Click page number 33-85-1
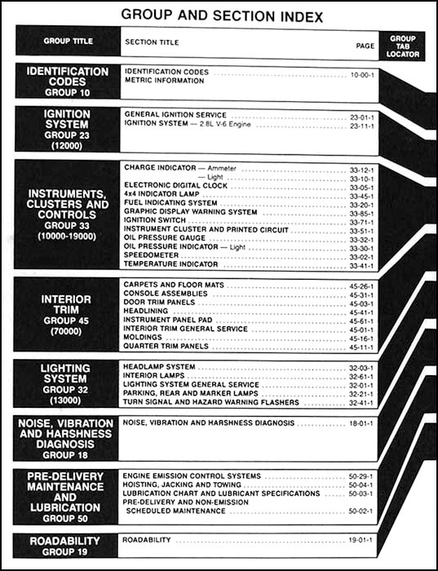click(360, 212)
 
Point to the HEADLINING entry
click(147, 311)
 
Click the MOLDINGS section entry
click(144, 337)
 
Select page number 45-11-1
click(360, 347)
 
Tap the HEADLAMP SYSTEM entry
click(159, 367)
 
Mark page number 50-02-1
click(360, 511)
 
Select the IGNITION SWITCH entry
click(155, 219)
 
